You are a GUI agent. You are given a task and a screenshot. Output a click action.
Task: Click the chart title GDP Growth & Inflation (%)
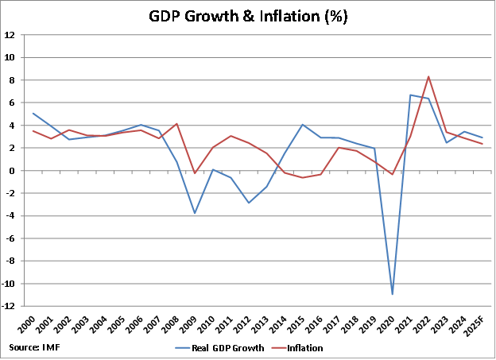(x=248, y=16)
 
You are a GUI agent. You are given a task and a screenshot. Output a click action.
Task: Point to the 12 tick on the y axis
(x=10, y=35)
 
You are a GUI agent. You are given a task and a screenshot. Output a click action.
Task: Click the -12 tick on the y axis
(x=9, y=306)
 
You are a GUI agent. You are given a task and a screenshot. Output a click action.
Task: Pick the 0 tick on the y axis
(x=13, y=171)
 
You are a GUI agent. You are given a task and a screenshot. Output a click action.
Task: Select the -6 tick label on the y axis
(x=10, y=238)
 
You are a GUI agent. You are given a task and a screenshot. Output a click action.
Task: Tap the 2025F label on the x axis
(x=479, y=325)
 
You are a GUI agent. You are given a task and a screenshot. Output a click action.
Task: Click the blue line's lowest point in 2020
(x=393, y=294)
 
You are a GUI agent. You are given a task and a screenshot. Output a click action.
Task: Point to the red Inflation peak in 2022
(x=428, y=77)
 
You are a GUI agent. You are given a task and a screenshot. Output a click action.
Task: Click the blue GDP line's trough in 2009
(x=194, y=213)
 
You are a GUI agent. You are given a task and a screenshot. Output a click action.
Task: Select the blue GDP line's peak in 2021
(x=410, y=95)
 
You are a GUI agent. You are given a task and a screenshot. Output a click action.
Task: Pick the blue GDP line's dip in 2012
(x=248, y=203)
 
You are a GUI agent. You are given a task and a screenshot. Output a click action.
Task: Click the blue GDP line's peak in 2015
(x=302, y=125)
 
